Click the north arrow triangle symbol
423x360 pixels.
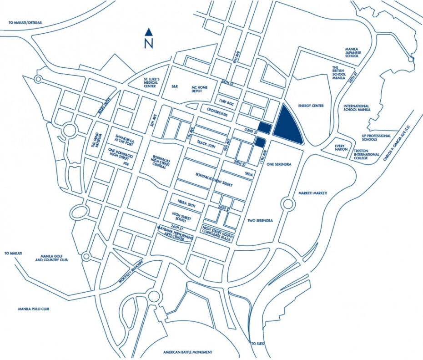[148, 32]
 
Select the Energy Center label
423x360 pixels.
[311, 106]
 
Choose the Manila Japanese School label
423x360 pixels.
[352, 52]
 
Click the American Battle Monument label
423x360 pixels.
[188, 352]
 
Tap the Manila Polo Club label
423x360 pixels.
[33, 309]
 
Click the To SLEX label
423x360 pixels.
[257, 343]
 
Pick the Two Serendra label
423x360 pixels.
[260, 221]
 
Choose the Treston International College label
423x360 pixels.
[367, 156]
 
